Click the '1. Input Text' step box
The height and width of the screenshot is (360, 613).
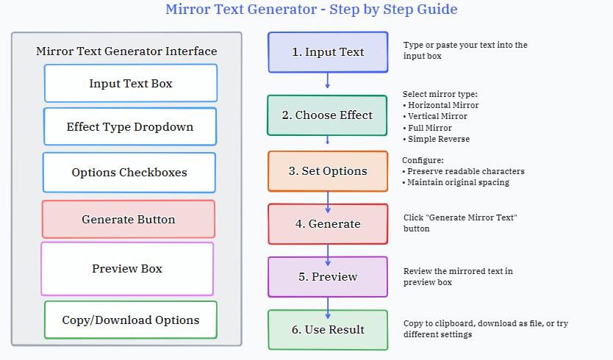click(328, 52)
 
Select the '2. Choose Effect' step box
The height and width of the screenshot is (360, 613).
click(327, 115)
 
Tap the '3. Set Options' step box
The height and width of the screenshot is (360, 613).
click(328, 171)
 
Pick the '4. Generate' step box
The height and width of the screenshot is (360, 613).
click(328, 224)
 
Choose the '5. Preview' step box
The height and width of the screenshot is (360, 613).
click(328, 277)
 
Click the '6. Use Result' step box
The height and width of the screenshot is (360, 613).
click(328, 330)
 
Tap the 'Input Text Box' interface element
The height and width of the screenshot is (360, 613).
click(131, 83)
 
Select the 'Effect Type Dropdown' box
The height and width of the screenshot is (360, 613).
click(130, 126)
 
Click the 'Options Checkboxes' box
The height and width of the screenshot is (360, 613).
click(129, 173)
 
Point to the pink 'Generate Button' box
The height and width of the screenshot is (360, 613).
click(128, 219)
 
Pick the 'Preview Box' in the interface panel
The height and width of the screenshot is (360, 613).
click(127, 269)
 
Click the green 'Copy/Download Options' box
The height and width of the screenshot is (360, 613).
click(131, 320)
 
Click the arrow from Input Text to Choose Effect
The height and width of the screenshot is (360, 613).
click(328, 81)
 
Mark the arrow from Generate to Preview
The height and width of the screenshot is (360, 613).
click(328, 255)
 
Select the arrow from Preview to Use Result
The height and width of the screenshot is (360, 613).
click(328, 308)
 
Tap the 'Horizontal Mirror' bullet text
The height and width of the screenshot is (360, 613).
click(443, 105)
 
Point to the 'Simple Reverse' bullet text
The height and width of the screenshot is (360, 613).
click(439, 139)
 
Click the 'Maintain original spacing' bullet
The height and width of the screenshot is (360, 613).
click(458, 182)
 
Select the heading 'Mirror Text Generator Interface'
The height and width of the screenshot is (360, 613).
click(126, 51)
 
